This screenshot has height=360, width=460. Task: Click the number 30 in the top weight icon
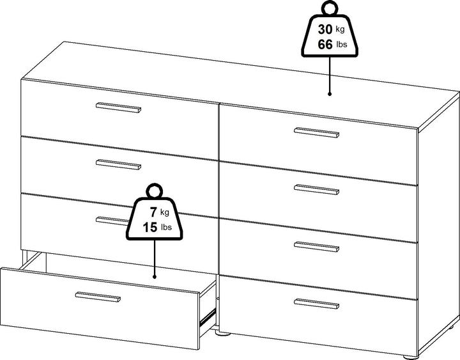tap(325, 29)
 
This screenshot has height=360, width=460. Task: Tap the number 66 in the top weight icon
tap(325, 45)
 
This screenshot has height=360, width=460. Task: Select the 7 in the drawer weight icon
tap(153, 212)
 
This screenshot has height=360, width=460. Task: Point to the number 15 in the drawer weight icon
tap(150, 228)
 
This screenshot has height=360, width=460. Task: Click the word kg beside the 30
tap(340, 29)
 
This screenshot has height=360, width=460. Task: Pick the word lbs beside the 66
tap(341, 45)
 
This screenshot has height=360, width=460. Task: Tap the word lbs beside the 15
tap(166, 227)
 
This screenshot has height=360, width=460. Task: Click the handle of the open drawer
tap(98, 297)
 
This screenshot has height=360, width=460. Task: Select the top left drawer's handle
tap(119, 107)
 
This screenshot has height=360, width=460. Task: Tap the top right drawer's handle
tap(316, 132)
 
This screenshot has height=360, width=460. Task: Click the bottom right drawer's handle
tap(316, 304)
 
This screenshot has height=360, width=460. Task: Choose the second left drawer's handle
tap(119, 164)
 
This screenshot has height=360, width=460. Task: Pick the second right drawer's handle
tap(316, 189)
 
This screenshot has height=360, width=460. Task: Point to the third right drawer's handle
tap(316, 247)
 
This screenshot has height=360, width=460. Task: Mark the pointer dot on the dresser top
tap(330, 94)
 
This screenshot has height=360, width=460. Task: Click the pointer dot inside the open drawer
tap(155, 277)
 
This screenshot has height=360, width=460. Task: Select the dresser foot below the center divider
tap(223, 333)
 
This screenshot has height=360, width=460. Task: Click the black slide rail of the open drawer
tap(208, 317)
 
